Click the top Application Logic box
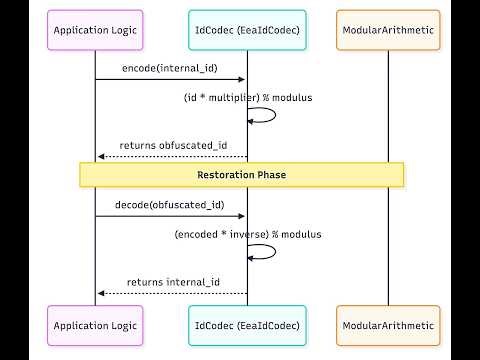tap(95, 31)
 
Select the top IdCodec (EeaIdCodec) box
tap(247, 31)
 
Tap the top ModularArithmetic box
tap(388, 31)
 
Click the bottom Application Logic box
tap(95, 326)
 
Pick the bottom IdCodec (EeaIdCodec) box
tap(247, 326)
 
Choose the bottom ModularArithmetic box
tap(388, 326)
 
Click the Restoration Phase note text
tap(241, 175)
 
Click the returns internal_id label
tap(171, 282)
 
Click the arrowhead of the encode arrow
tap(243, 79)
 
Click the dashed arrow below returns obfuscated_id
tap(171, 157)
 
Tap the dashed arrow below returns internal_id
tap(171, 294)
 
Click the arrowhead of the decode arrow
tap(243, 216)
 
